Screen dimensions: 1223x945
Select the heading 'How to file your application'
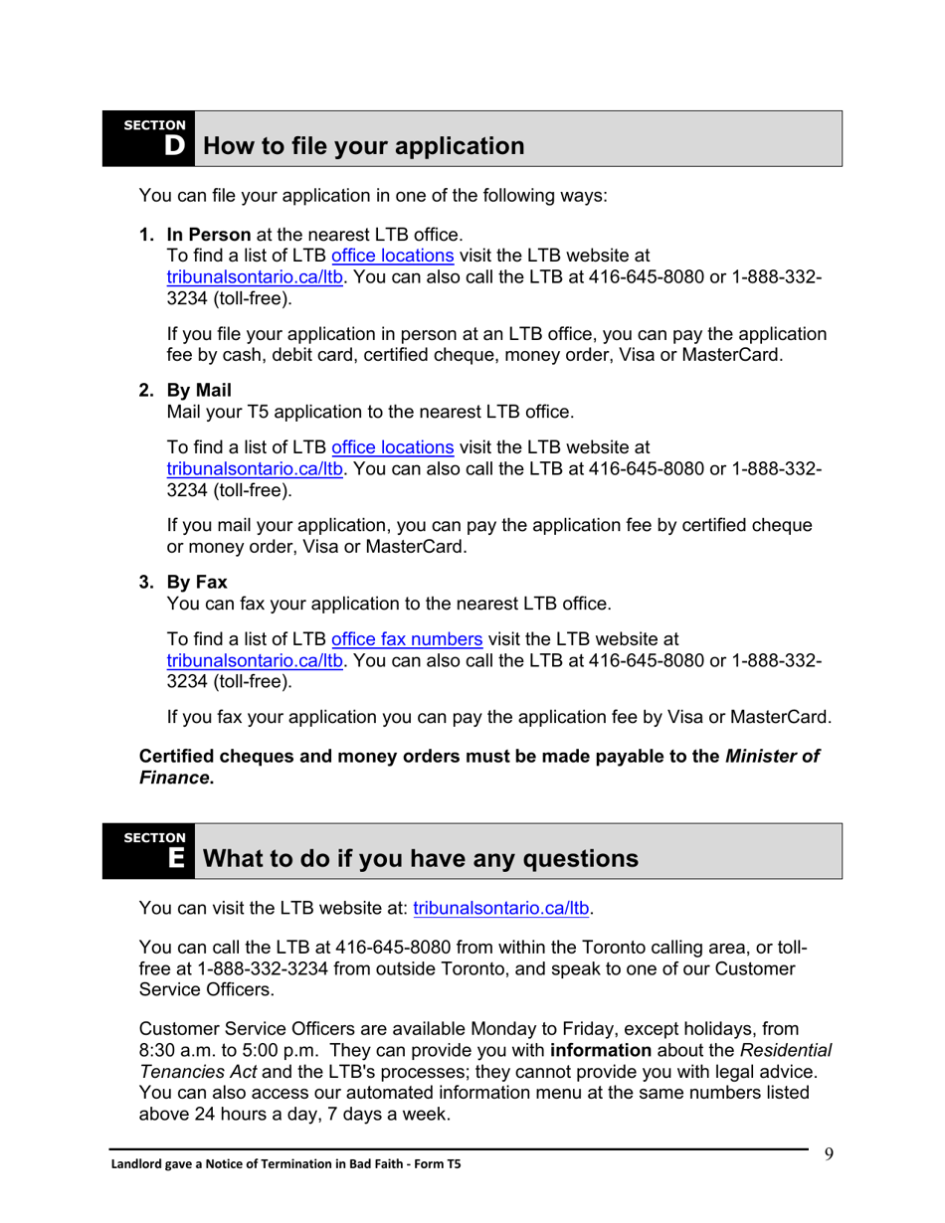pos(363,146)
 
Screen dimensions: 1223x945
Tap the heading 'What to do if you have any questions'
pos(420,859)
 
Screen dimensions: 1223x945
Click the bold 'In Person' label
pos(209,235)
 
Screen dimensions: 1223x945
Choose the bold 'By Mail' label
pos(199,391)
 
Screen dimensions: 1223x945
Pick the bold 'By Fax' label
pos(197,582)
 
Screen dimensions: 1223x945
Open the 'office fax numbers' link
pos(407,638)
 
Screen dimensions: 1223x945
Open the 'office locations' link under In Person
pos(392,256)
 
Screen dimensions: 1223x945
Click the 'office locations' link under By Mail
pos(392,447)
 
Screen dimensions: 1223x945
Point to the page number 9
pos(829,1153)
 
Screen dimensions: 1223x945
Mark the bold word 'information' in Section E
pos(601,1050)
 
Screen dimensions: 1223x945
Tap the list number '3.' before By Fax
pos(147,582)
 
